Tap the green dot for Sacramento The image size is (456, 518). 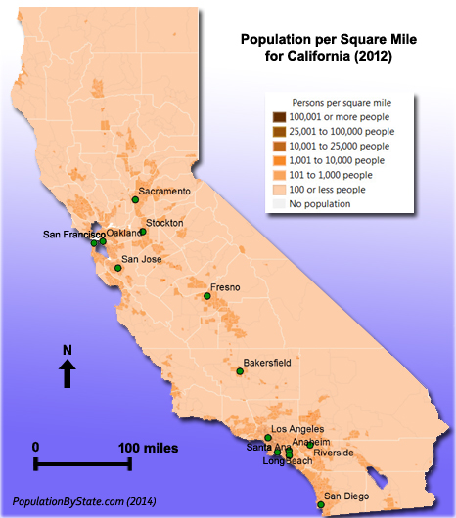click(136, 199)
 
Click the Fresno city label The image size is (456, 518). click(225, 286)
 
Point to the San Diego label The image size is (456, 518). click(347, 496)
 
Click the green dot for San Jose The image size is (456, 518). click(117, 268)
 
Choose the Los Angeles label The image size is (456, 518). click(297, 429)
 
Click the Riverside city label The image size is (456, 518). click(334, 453)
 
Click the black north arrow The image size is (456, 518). click(67, 373)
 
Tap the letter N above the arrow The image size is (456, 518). click(67, 350)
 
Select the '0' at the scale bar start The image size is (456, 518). click(36, 447)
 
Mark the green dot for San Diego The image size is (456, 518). click(320, 505)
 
